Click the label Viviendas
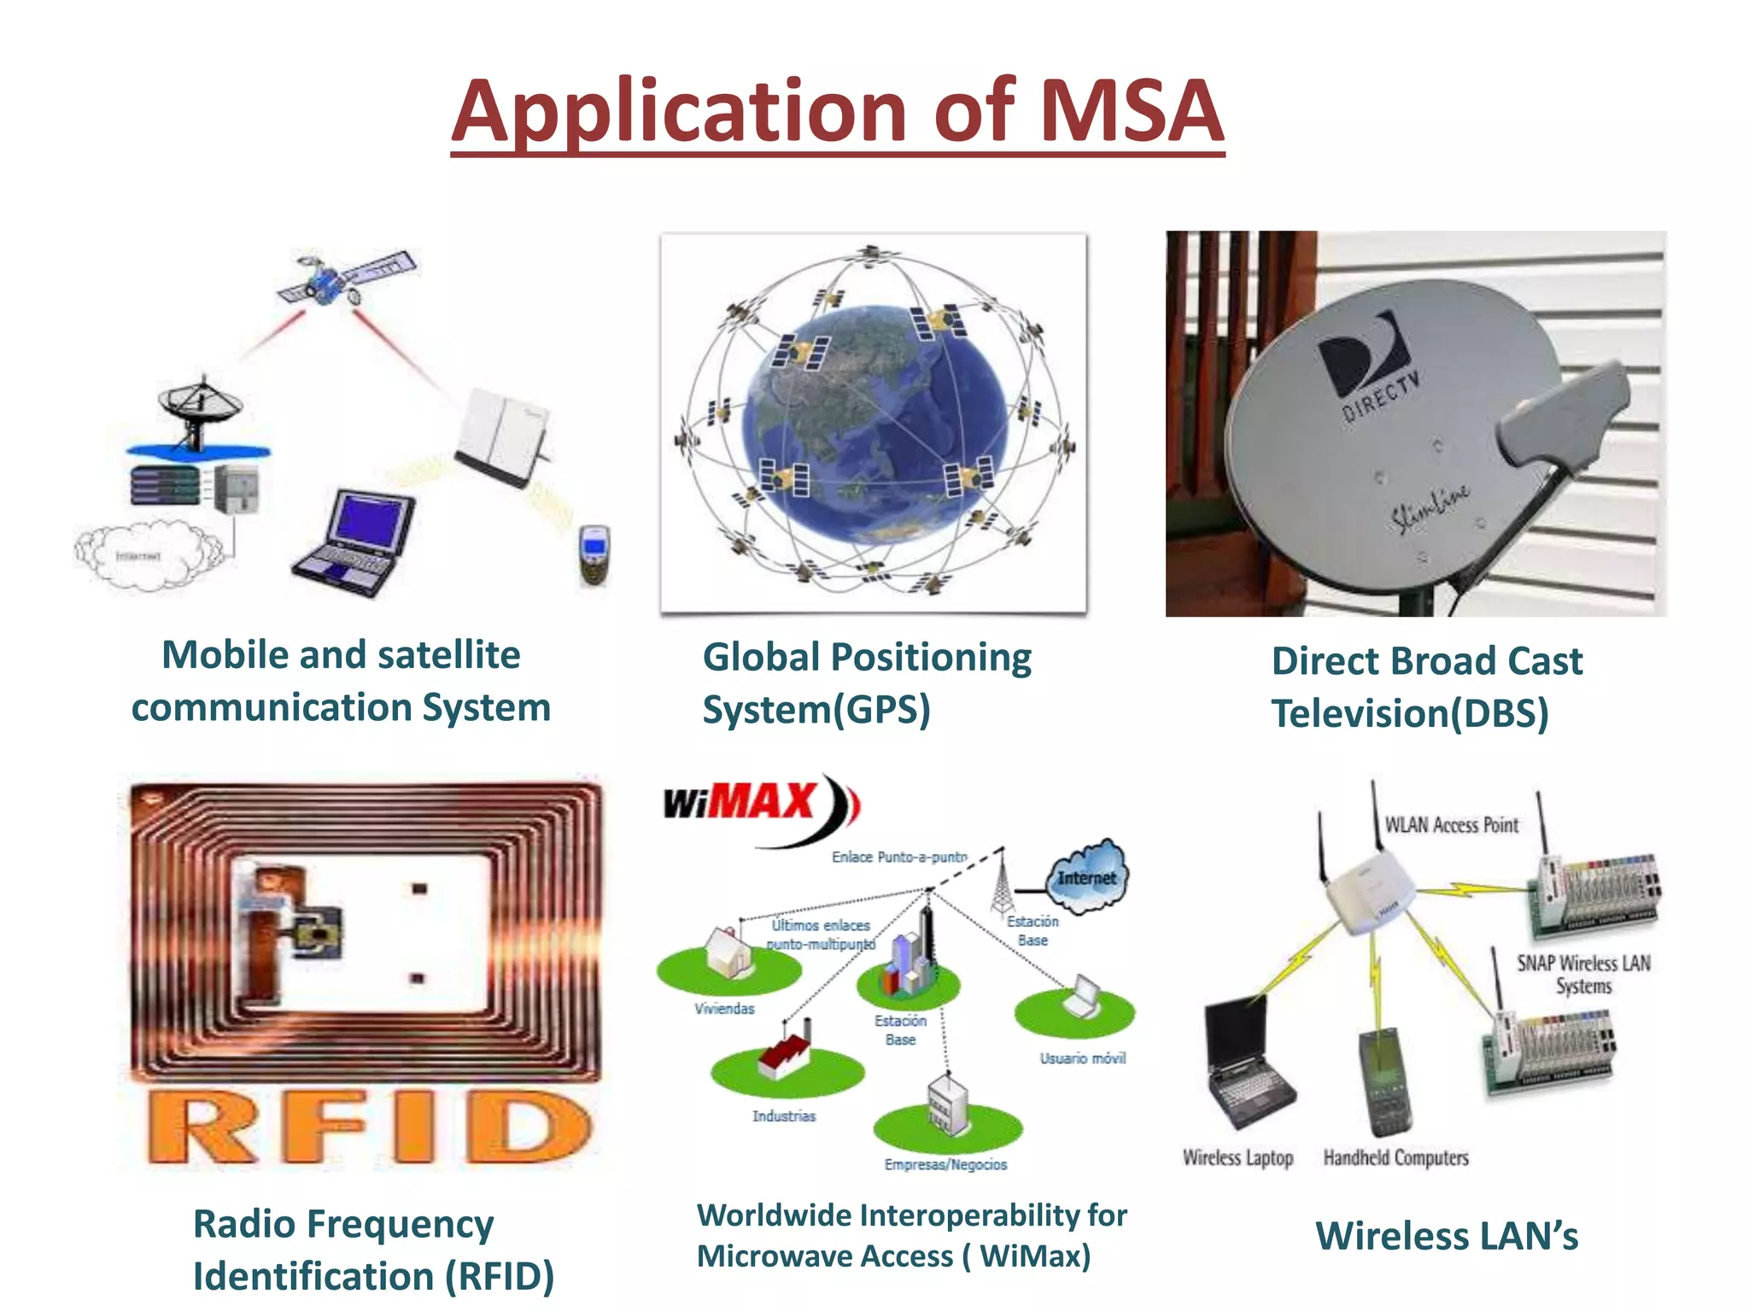[x=724, y=1009]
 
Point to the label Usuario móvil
[x=1082, y=1058]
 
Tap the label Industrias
[x=783, y=1116]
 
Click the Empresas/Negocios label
[x=945, y=1164]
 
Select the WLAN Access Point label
[x=1451, y=825]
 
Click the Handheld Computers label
[x=1395, y=1157]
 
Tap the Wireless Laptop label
[x=1237, y=1157]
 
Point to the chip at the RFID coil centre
[x=318, y=934]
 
